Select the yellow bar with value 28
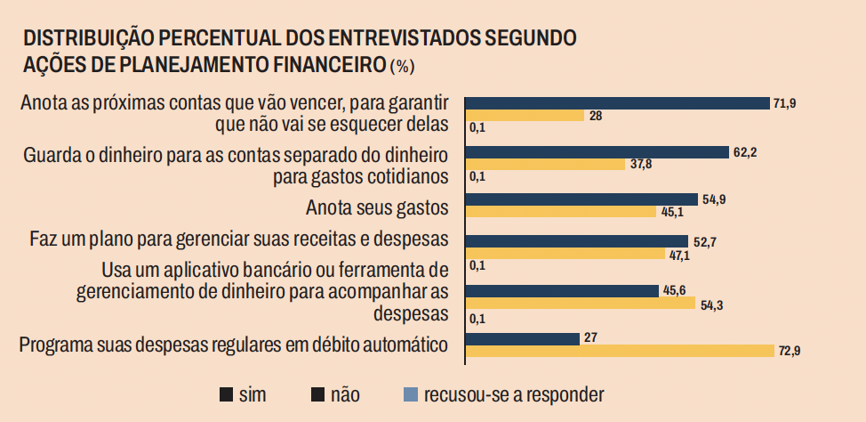coord(525,116)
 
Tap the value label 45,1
coord(674,212)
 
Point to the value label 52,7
coord(706,241)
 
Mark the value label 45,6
coord(675,290)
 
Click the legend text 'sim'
coord(253,393)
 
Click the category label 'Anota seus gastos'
coord(376,208)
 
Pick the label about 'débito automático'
coord(232,345)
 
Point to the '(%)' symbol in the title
coord(402,66)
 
